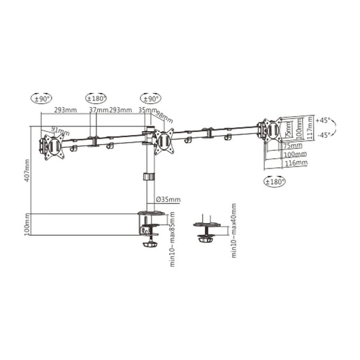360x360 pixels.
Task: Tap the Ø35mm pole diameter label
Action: (x=168, y=200)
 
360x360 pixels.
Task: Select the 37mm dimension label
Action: (x=98, y=110)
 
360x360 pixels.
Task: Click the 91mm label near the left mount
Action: (x=60, y=130)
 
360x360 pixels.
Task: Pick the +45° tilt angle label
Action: (x=323, y=118)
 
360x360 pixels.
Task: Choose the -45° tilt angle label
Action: (x=323, y=134)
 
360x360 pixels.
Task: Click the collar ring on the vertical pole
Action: (x=147, y=178)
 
